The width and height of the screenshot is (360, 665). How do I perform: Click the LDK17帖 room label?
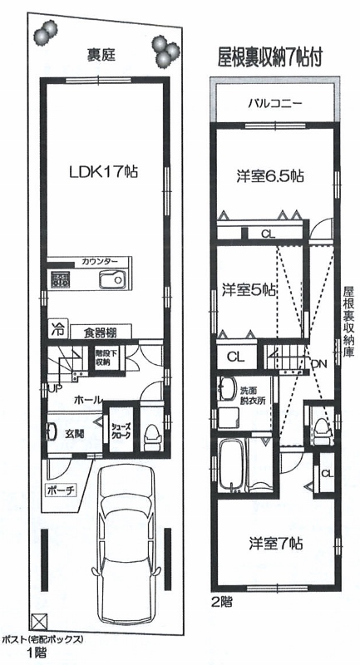coord(104,172)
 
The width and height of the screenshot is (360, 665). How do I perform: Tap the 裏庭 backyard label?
coord(101,55)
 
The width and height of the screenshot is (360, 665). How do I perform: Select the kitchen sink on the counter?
coord(112,280)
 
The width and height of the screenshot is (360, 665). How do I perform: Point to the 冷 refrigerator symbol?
coord(57,328)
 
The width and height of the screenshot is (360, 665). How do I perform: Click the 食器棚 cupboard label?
coord(100,332)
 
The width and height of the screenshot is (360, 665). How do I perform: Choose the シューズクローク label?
coord(121,431)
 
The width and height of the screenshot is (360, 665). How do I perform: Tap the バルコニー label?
coord(275,103)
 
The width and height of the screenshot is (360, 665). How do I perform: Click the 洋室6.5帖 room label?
coord(269,176)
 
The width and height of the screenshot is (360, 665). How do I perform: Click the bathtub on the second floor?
coord(232,465)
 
